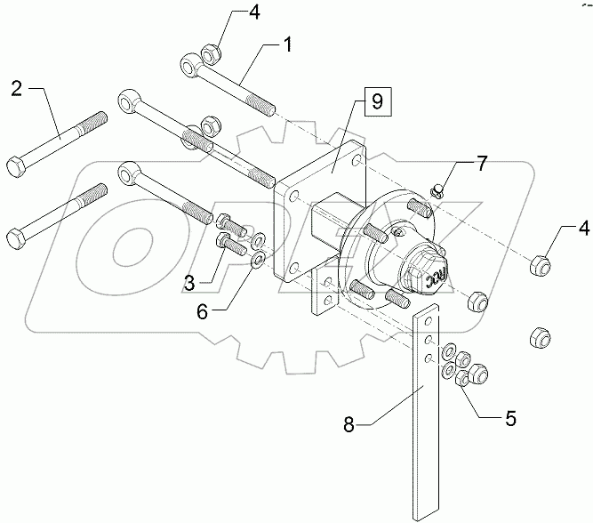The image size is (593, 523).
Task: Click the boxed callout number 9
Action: (x=377, y=101)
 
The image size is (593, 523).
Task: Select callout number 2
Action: (x=17, y=88)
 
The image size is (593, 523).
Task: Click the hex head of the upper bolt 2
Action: (x=16, y=166)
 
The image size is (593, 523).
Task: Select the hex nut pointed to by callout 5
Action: (x=462, y=380)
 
